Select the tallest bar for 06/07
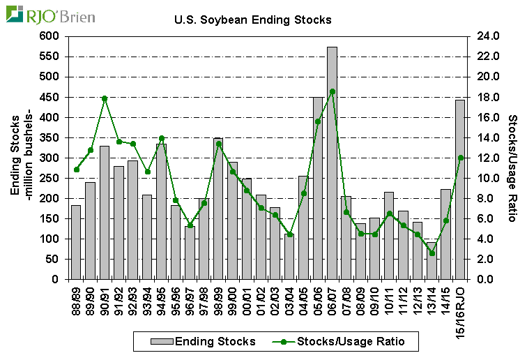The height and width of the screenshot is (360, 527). pos(332,163)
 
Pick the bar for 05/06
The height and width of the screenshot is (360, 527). pos(318,188)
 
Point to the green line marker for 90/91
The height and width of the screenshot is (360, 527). pos(105,98)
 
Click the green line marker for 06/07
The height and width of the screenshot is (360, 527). pos(332,91)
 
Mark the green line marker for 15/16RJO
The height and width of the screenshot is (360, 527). pos(460,158)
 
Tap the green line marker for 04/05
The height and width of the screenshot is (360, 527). pos(304,193)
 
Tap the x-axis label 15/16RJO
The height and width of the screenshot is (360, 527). pos(460,308)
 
